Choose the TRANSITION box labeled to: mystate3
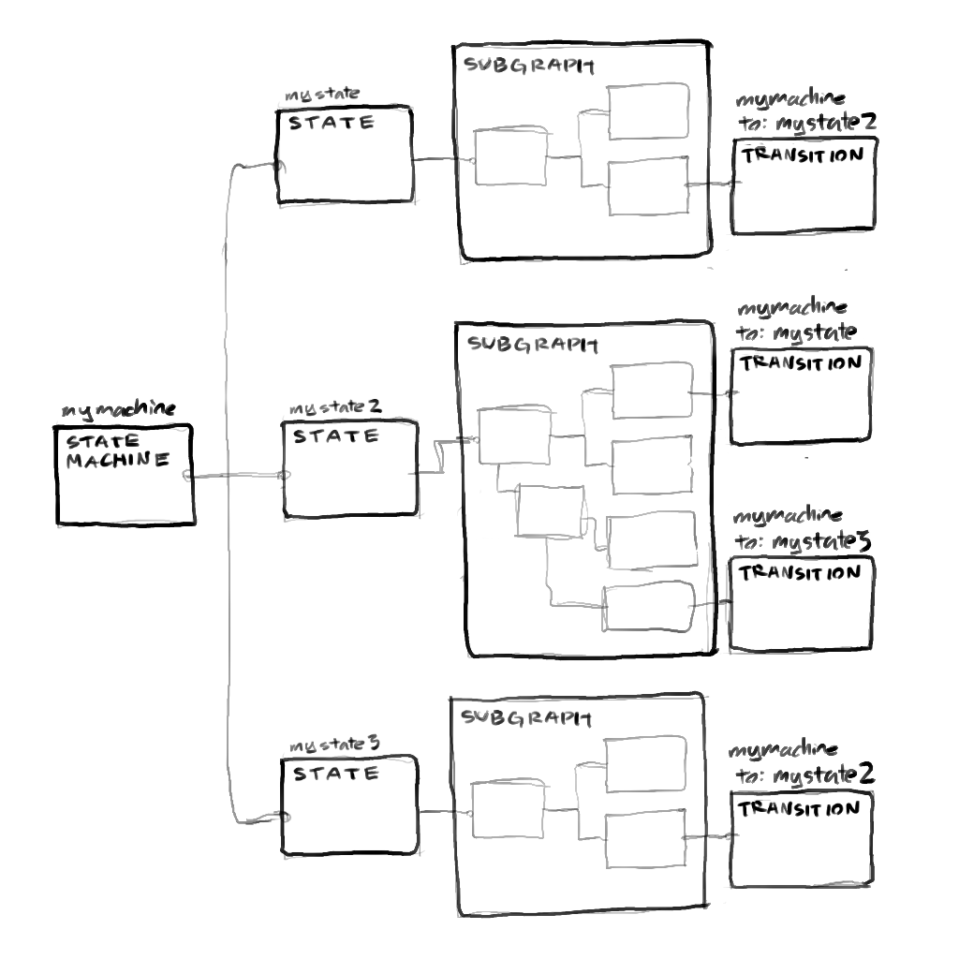pos(802,604)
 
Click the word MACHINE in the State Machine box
pos(117,460)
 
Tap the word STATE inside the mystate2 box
pos(323,435)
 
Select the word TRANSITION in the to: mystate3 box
pos(800,573)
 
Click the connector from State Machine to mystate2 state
pos(234,477)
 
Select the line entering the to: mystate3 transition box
pos(713,603)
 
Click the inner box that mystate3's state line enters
pos(509,811)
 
